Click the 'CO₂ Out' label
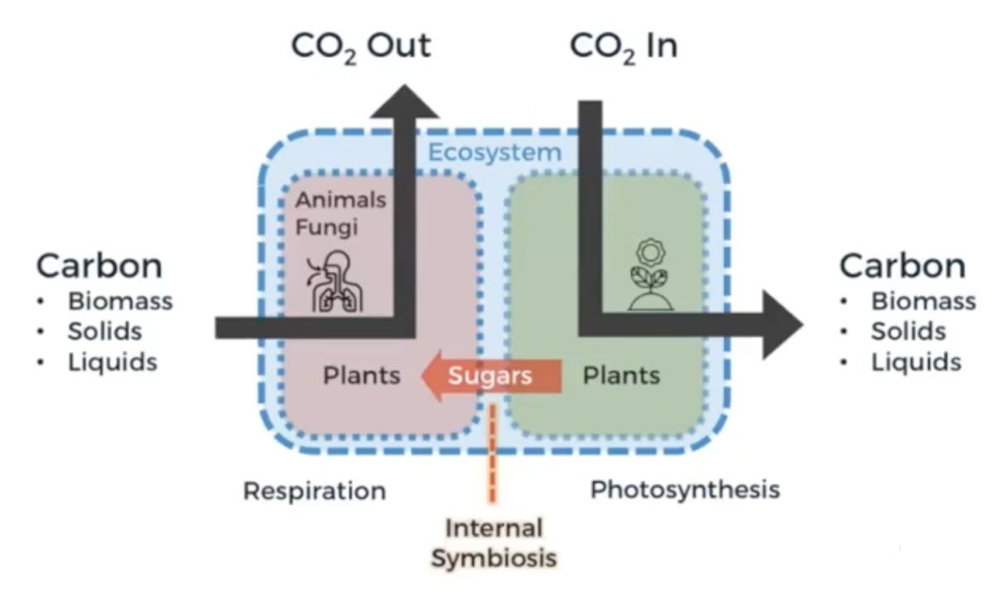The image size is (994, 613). click(x=361, y=46)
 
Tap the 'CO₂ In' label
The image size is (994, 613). click(x=623, y=46)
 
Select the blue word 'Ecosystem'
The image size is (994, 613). click(x=494, y=152)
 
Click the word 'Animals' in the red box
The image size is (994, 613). click(x=341, y=200)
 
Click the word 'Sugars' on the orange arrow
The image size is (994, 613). click(x=490, y=376)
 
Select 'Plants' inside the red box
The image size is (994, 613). click(x=361, y=376)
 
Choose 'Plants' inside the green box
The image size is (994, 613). click(x=621, y=376)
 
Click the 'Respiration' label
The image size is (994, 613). click(x=314, y=491)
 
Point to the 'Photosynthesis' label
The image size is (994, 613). click(x=685, y=490)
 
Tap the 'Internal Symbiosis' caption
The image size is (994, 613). click(x=494, y=543)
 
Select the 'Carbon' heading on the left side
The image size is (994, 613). click(x=99, y=267)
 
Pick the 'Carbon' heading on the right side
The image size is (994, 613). click(x=902, y=267)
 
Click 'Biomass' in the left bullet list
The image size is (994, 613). click(x=120, y=301)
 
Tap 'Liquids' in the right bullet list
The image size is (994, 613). click(x=915, y=363)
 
